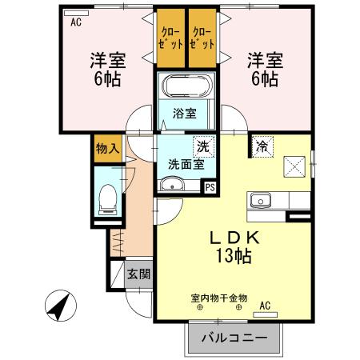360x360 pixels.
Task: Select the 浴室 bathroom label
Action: (185, 113)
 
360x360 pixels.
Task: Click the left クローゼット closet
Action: (170, 38)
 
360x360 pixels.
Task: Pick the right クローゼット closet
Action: (202, 38)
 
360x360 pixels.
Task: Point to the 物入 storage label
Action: (106, 148)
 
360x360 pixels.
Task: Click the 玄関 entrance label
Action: (138, 274)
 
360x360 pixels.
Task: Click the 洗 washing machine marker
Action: (203, 146)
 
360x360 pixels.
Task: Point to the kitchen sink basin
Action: (262, 201)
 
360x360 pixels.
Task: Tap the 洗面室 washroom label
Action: (185, 165)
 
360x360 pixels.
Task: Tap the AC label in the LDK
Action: (265, 304)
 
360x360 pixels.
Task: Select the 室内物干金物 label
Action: (219, 298)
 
